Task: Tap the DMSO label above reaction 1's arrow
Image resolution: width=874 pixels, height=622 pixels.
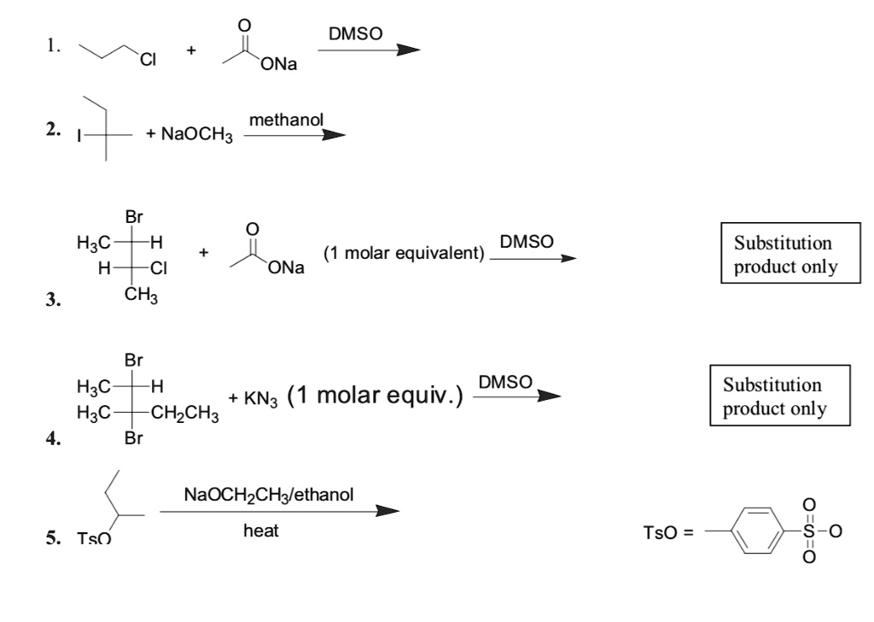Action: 355,33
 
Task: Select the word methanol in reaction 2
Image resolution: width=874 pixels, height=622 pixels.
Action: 286,122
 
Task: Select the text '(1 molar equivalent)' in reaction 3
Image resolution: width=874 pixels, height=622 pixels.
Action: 403,254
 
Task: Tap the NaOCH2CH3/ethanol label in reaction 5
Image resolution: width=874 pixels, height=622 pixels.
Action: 268,495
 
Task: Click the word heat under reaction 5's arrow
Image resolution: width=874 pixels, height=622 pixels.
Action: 260,531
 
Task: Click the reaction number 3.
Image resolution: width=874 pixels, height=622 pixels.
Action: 53,300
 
